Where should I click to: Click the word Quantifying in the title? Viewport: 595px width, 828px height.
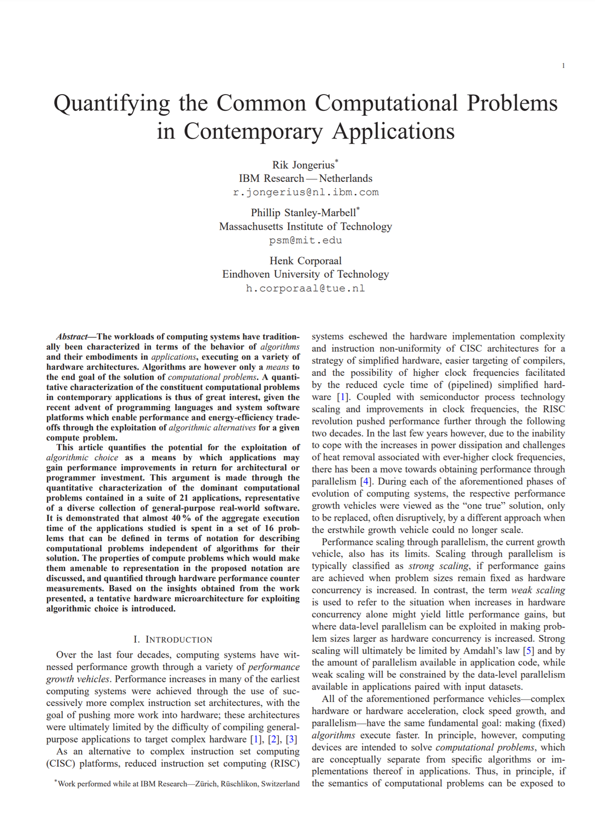click(x=111, y=104)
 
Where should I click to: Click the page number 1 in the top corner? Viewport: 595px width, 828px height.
click(x=563, y=65)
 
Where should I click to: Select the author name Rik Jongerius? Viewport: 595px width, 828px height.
click(x=303, y=165)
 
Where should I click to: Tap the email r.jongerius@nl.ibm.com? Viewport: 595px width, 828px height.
click(x=305, y=192)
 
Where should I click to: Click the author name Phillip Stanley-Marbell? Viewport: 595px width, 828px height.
click(x=303, y=213)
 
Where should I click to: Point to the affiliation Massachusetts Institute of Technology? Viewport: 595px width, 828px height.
click(x=305, y=226)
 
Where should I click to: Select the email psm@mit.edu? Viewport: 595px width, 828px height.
click(x=305, y=240)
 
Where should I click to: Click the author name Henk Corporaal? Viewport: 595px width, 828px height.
click(x=305, y=261)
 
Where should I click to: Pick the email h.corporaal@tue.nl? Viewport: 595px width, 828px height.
click(x=305, y=288)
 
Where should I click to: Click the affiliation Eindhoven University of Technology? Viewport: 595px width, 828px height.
click(x=305, y=274)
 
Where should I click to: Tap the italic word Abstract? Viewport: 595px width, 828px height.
click(x=72, y=336)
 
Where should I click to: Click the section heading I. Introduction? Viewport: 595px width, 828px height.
click(x=172, y=639)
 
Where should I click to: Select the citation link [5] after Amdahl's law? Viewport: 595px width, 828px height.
click(x=529, y=650)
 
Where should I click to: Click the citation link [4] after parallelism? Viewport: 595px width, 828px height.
click(x=365, y=481)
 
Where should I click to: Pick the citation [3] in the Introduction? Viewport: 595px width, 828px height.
click(x=291, y=739)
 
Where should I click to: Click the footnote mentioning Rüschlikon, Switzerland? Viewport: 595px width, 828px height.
click(x=178, y=783)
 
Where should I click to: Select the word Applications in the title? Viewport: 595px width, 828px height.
click(x=393, y=132)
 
